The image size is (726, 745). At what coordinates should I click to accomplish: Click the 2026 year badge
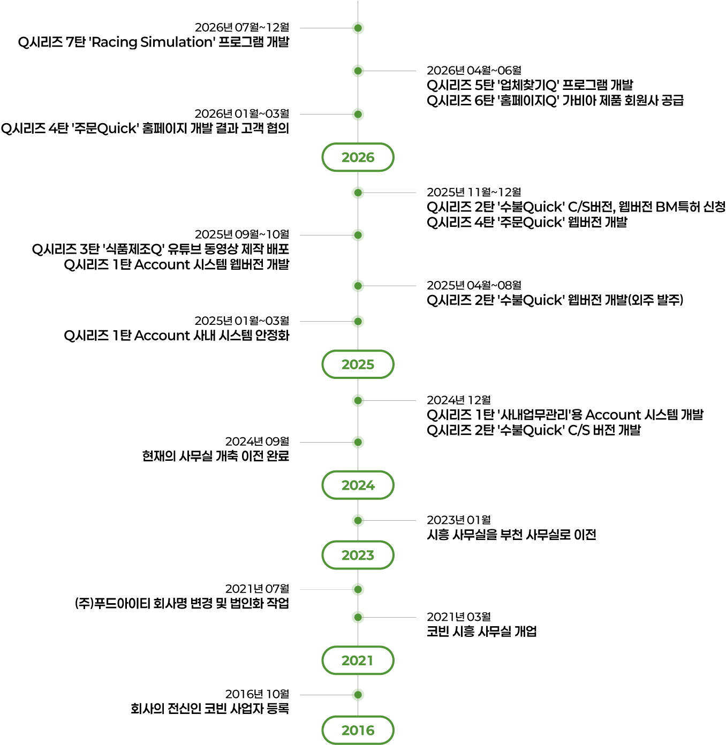click(x=358, y=157)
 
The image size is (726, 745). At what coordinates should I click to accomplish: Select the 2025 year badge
click(x=358, y=364)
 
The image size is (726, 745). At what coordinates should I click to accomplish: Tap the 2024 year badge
click(x=358, y=485)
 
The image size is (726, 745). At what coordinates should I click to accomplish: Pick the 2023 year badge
click(x=358, y=554)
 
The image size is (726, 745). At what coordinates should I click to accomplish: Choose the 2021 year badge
click(x=358, y=660)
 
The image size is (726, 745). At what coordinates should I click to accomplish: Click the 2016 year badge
click(x=358, y=729)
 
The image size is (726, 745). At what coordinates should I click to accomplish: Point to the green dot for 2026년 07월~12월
click(x=358, y=28)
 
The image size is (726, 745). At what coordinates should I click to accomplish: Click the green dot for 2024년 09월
click(x=358, y=442)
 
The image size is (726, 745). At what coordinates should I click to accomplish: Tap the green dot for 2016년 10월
click(x=358, y=695)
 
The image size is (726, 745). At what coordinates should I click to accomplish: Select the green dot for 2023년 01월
click(x=358, y=520)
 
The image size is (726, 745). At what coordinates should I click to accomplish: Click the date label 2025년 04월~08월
click(x=474, y=285)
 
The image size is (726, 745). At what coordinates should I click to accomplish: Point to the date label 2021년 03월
click(x=459, y=617)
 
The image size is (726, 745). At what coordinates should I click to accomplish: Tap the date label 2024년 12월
click(x=459, y=400)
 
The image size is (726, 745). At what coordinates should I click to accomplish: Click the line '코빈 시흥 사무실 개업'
click(x=482, y=632)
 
